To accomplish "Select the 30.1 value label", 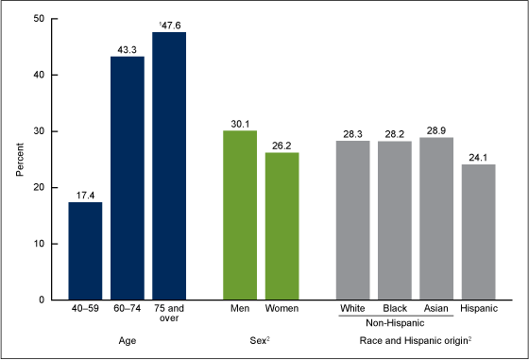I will [241, 121].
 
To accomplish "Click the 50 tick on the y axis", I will [36, 19].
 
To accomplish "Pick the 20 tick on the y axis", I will [36, 187].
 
